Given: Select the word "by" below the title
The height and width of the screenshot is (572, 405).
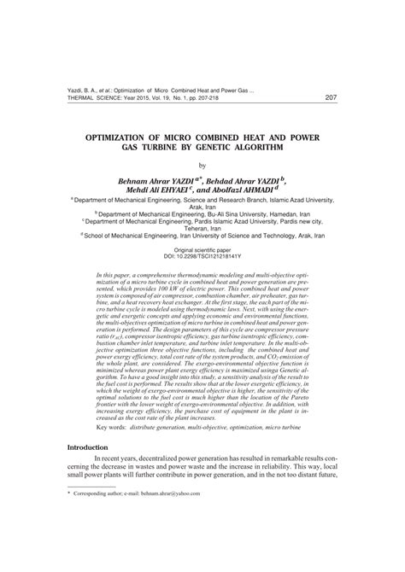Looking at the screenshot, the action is pos(202,165).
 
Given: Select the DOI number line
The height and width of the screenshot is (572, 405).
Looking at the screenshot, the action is pos(202,255).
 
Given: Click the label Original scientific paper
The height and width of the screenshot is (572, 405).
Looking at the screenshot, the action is pos(202,248).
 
